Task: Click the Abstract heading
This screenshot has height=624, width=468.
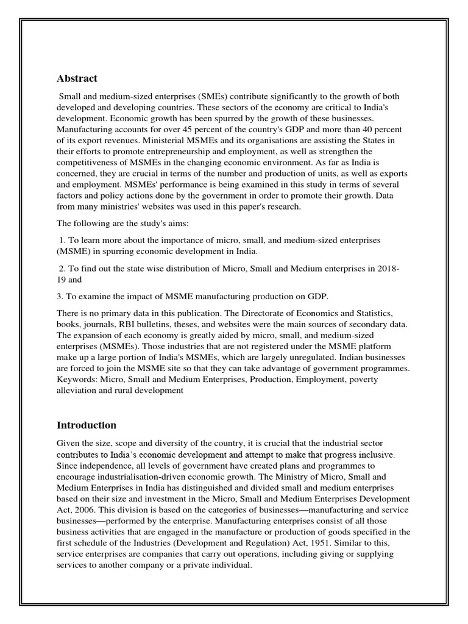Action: (77, 79)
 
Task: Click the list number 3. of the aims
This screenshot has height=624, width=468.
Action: (61, 296)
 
